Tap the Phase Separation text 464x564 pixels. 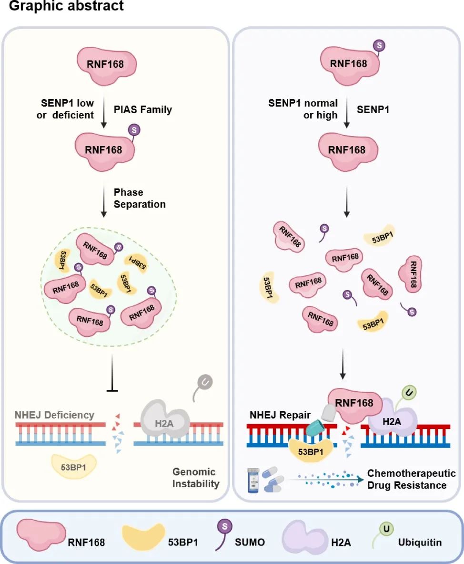[x=139, y=198]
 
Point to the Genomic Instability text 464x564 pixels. [x=195, y=478]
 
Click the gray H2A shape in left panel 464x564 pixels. [x=165, y=421]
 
